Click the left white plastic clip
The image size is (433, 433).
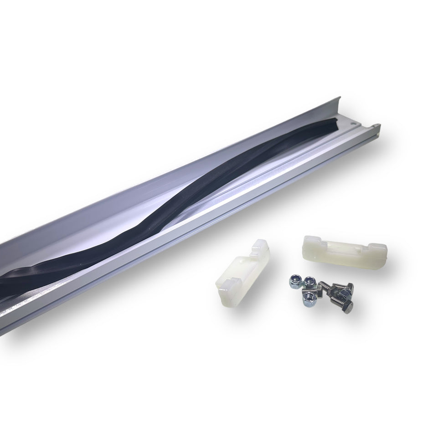pyautogui.click(x=242, y=273)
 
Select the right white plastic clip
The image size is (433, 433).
pyautogui.click(x=344, y=248)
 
